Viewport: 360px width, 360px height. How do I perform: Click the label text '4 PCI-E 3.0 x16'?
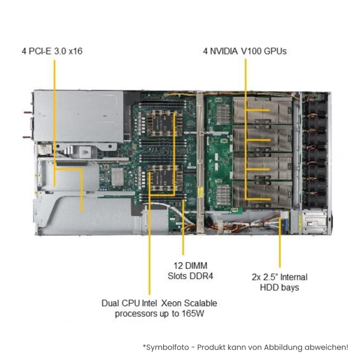click(52, 51)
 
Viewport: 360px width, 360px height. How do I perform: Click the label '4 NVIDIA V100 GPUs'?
click(244, 51)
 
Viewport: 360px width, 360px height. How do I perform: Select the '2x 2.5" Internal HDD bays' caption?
click(280, 282)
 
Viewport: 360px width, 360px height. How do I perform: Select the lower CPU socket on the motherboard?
click(161, 179)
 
